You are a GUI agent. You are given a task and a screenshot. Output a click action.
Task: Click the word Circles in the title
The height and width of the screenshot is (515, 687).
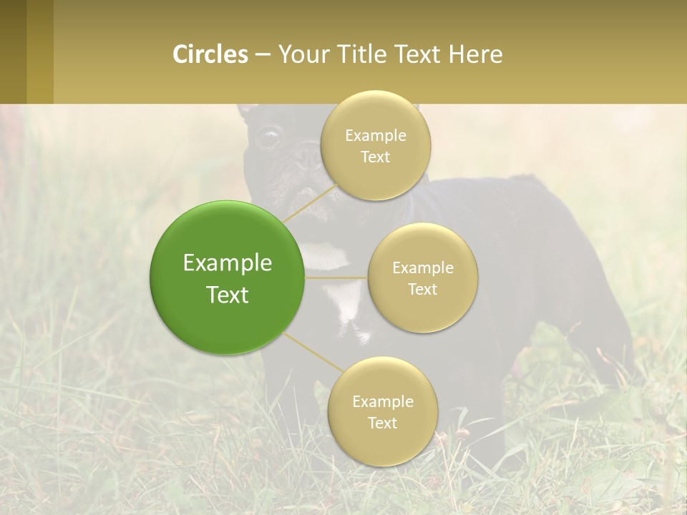click(210, 54)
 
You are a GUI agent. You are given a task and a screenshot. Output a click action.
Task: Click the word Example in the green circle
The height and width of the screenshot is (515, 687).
click(228, 263)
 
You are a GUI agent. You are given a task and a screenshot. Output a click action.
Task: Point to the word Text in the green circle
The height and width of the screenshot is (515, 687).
click(228, 295)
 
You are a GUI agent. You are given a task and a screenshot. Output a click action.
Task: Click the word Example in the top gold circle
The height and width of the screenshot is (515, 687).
click(376, 136)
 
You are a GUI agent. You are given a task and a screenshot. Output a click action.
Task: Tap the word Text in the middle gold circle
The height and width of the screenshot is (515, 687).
click(422, 290)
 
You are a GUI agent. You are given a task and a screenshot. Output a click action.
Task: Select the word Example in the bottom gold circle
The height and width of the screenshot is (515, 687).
click(383, 402)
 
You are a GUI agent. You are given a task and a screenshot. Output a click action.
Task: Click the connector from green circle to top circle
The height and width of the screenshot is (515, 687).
click(309, 204)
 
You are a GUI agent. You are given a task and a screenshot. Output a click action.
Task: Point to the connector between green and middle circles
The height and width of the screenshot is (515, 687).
click(336, 278)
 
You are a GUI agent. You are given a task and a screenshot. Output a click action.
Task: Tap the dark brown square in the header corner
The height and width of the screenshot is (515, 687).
click(13, 51)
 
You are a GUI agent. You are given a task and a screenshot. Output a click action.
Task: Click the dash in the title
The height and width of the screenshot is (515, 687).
click(263, 55)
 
